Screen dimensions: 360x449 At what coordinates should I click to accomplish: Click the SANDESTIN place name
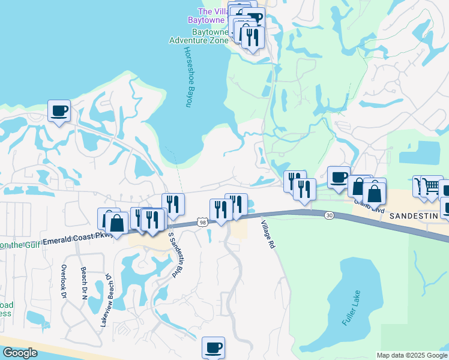pos(415,215)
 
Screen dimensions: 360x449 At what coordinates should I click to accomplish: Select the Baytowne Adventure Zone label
pos(198,36)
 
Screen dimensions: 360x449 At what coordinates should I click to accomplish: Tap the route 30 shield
pos(329,215)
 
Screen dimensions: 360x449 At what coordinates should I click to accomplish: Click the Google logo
pos(20,353)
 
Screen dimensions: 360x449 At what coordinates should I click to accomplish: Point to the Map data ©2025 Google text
pos(412,355)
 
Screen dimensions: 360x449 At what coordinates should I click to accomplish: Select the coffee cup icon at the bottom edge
pos(213,347)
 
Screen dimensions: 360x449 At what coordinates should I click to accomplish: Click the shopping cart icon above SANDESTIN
pos(432,187)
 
